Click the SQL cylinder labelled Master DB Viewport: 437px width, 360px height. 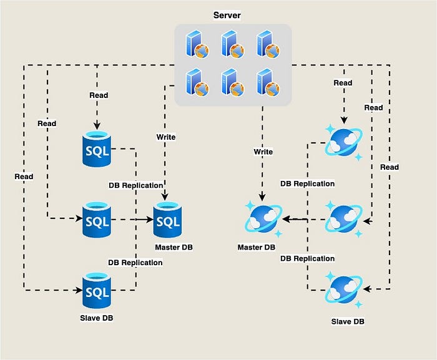(167, 220)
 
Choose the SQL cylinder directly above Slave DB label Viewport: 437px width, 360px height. (97, 290)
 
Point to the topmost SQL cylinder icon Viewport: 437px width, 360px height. (97, 148)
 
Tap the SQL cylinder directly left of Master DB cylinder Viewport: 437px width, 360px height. (97, 219)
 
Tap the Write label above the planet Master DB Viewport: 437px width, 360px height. (263, 152)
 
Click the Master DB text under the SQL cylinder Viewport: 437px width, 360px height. (174, 248)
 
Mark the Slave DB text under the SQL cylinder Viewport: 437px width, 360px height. (97, 318)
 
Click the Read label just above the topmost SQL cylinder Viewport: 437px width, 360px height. (98, 95)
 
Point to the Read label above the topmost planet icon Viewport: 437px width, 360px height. (343, 82)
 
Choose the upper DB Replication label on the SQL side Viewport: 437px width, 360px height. (135, 185)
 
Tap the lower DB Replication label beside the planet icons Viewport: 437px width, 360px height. (307, 258)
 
